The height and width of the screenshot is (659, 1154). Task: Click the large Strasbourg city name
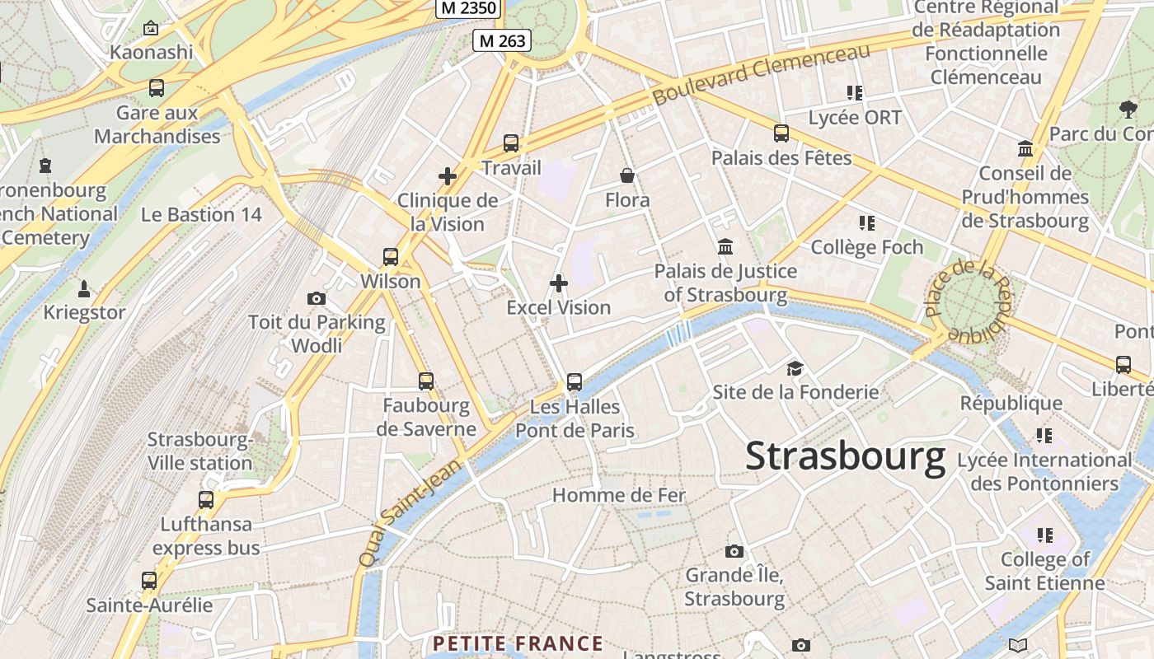[x=845, y=457]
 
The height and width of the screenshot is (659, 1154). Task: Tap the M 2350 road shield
[x=468, y=8]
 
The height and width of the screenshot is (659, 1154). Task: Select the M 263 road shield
[x=501, y=40]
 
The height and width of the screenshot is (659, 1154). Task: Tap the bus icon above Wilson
[x=391, y=257]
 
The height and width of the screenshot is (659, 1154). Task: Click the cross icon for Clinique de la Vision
[x=448, y=176]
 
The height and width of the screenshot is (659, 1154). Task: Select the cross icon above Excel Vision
[x=559, y=283]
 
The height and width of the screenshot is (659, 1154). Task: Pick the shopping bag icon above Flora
[x=627, y=175]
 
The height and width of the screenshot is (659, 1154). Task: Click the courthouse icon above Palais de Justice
[x=725, y=246]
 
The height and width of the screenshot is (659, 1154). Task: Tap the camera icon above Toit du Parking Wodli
[x=317, y=298]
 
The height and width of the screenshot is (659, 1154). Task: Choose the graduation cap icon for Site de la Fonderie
[x=795, y=368]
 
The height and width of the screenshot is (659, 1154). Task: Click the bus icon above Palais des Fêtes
[x=781, y=133]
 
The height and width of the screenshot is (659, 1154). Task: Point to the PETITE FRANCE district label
[x=518, y=643]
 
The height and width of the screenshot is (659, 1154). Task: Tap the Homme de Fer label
[x=619, y=495]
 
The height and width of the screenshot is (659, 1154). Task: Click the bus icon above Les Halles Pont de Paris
[x=575, y=382]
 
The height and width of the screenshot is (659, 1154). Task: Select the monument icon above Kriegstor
[x=83, y=288]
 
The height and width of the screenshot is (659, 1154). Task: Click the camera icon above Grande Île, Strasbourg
[x=734, y=551]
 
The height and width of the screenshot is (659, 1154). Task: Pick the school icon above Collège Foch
[x=866, y=223]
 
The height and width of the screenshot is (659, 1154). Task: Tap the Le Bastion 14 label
[x=201, y=215]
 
